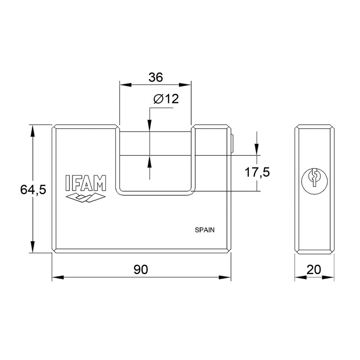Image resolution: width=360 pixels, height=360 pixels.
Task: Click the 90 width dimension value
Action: click(141, 270)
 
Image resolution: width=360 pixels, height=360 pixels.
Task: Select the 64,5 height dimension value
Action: click(33, 190)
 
